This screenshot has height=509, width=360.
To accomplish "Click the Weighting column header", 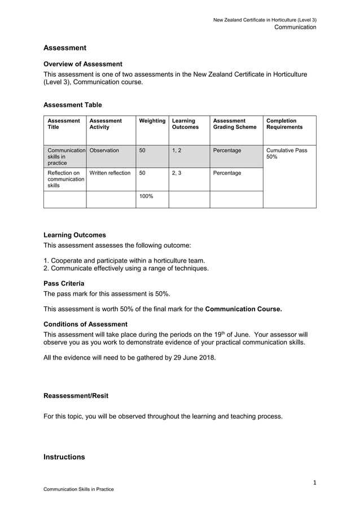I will click(152, 121).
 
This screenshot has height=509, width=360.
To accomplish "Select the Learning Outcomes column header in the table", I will click(185, 124).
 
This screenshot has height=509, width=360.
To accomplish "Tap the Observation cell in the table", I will click(104, 151).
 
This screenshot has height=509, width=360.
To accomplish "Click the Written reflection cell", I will click(110, 173).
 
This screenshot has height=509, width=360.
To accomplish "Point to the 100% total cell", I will click(146, 196).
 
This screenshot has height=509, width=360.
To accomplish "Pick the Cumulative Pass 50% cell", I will click(287, 153).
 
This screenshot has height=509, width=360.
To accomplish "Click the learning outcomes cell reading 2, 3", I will click(177, 173).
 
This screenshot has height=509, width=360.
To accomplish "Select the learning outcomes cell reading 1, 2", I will click(177, 151).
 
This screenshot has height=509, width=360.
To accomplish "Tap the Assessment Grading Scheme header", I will click(234, 124).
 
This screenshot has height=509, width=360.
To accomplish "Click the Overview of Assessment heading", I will click(83, 64).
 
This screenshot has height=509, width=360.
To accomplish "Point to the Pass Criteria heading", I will click(64, 283).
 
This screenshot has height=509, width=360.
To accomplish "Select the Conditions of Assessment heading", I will click(85, 324).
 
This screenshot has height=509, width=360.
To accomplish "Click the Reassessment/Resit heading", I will click(76, 396).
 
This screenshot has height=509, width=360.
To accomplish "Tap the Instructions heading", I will click(64, 457).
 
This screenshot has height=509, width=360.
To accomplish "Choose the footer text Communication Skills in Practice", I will click(78, 489).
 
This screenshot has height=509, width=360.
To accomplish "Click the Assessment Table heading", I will click(73, 104).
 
